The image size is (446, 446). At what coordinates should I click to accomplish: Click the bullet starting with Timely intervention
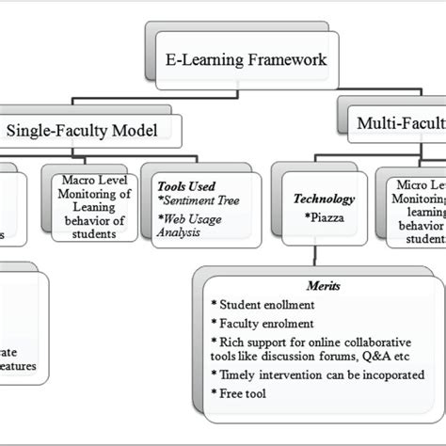[x=307, y=384]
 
